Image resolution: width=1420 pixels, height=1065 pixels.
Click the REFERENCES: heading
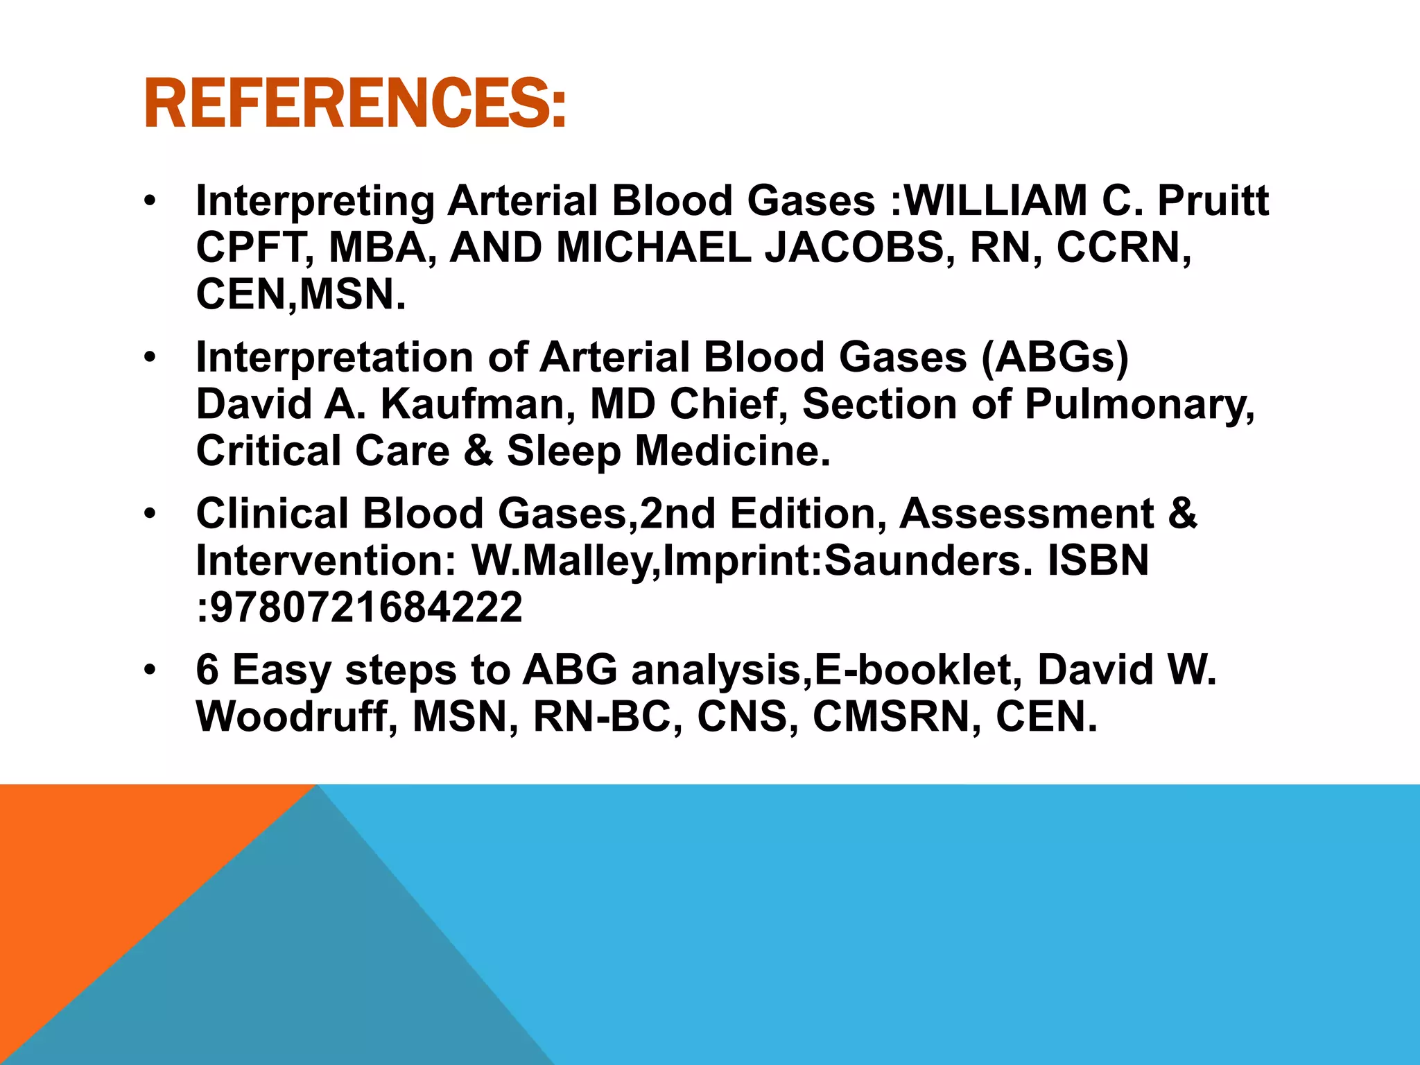(354, 104)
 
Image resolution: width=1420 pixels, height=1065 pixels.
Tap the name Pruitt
(1213, 201)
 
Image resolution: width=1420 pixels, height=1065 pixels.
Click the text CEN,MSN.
(300, 295)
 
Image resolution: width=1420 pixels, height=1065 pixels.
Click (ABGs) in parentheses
(1055, 358)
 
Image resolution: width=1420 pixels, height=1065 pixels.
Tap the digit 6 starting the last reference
(207, 670)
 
